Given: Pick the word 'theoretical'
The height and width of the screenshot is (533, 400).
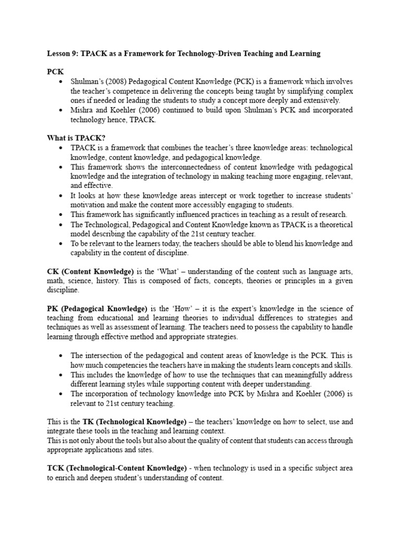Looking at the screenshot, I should [x=333, y=224].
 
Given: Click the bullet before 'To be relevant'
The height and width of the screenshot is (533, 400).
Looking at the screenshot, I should [x=62, y=243].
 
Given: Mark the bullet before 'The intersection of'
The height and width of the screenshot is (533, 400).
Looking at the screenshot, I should [x=62, y=356].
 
